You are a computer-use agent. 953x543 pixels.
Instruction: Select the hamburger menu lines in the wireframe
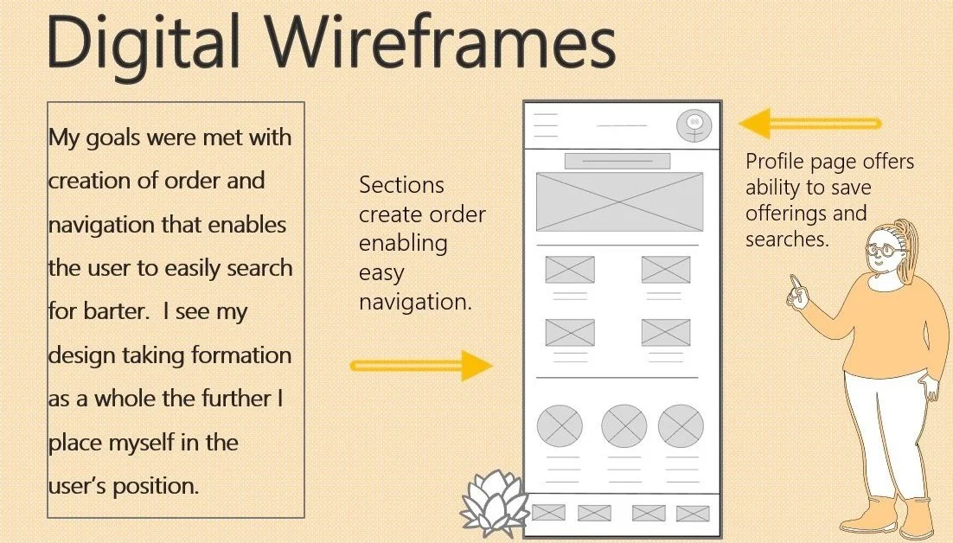546,125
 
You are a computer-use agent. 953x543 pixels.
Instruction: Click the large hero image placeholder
619,201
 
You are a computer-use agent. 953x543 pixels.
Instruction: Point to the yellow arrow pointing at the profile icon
809,124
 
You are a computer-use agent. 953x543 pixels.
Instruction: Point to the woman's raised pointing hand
797,291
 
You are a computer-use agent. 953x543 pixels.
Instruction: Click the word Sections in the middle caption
401,185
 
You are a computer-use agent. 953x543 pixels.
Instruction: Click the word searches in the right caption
787,239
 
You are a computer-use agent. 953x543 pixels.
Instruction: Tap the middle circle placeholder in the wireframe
624,425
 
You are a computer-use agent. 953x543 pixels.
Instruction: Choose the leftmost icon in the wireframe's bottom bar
548,513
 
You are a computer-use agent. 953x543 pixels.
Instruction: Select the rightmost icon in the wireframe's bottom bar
693,513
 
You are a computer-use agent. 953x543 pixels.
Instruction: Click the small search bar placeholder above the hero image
617,161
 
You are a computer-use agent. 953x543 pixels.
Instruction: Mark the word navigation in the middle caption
415,303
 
